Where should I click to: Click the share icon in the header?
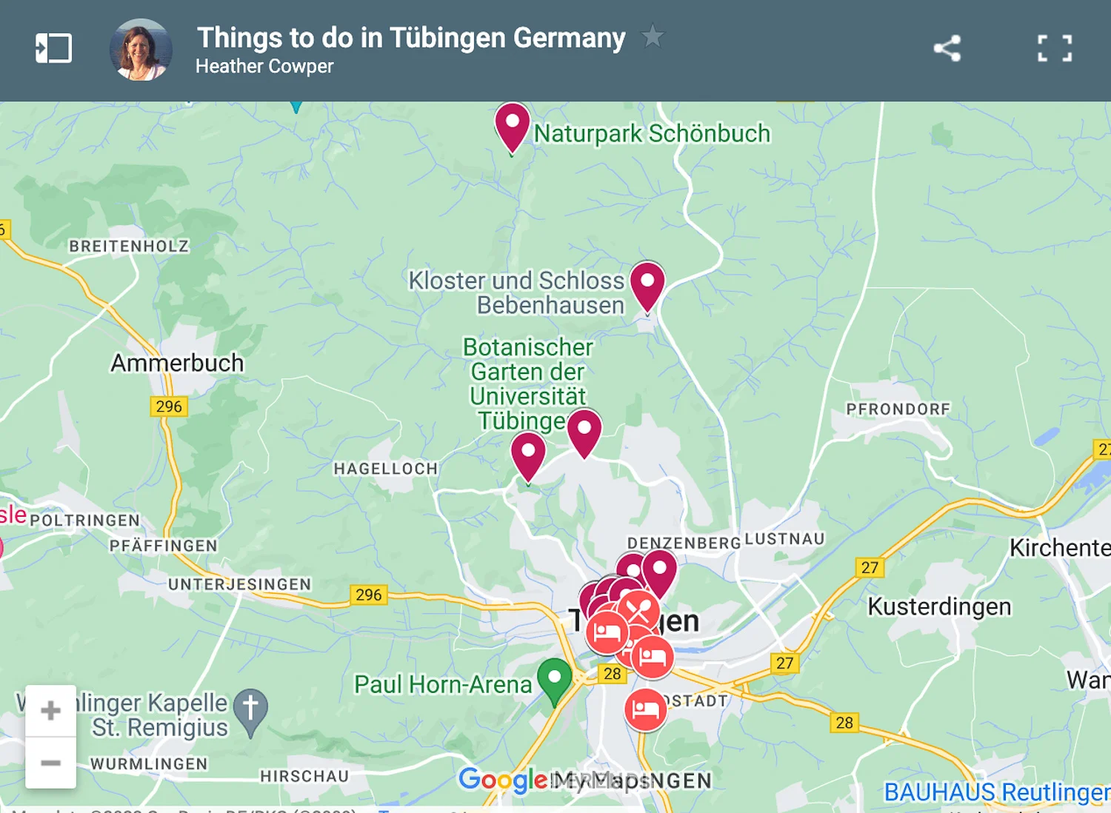click(947, 49)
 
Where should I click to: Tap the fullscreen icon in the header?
click(1055, 49)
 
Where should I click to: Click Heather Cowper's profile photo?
click(141, 50)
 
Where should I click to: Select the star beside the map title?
click(652, 36)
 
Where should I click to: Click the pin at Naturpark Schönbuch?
click(512, 124)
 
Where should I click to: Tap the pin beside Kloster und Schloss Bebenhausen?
click(647, 284)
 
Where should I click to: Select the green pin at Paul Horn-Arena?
click(554, 679)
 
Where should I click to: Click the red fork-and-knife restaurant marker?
click(638, 609)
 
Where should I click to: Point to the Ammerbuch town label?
click(177, 363)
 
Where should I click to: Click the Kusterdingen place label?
click(939, 606)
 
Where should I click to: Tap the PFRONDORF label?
click(898, 409)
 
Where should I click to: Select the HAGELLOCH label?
click(386, 469)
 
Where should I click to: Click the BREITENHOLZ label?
click(129, 246)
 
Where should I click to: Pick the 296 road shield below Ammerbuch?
click(169, 406)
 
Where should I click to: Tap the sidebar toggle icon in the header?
click(53, 49)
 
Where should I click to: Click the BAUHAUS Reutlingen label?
click(996, 792)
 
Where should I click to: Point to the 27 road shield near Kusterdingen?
click(870, 567)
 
